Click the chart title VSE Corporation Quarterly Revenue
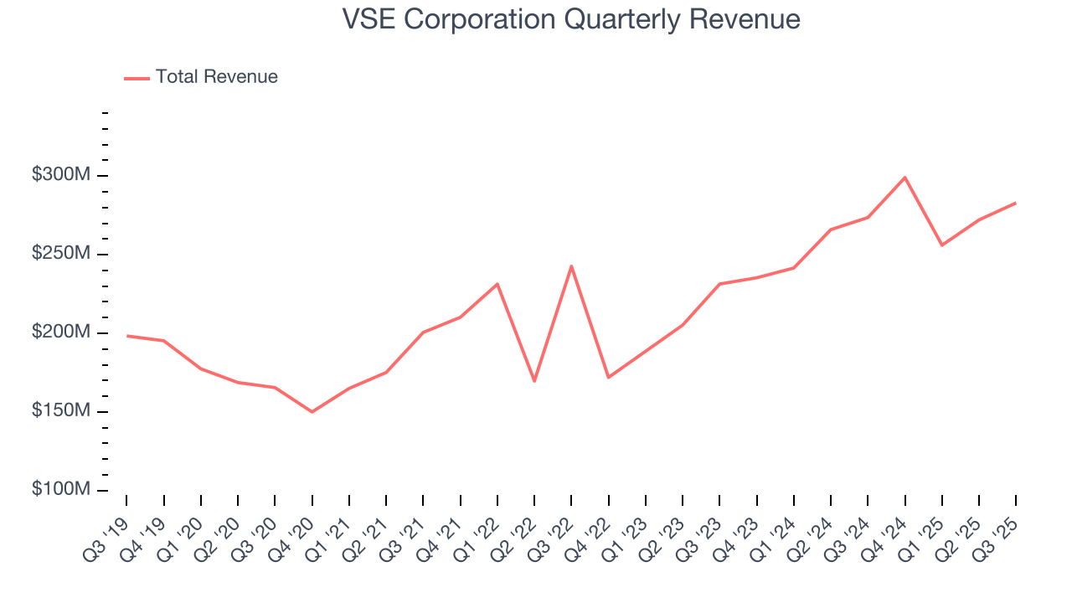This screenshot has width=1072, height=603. tap(571, 19)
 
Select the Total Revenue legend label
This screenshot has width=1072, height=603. tap(216, 77)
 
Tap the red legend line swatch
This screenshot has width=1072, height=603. tap(137, 78)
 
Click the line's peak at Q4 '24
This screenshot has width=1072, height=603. tap(904, 178)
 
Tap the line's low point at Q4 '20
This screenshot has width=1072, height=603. tap(312, 412)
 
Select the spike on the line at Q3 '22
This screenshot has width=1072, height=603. tap(571, 266)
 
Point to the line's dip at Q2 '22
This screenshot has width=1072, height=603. tap(534, 381)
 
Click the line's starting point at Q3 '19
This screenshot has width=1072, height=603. tap(126, 336)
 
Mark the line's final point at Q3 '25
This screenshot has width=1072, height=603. tap(1015, 203)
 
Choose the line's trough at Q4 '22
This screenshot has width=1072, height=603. tap(608, 378)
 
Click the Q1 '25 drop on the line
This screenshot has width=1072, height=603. tap(942, 245)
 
